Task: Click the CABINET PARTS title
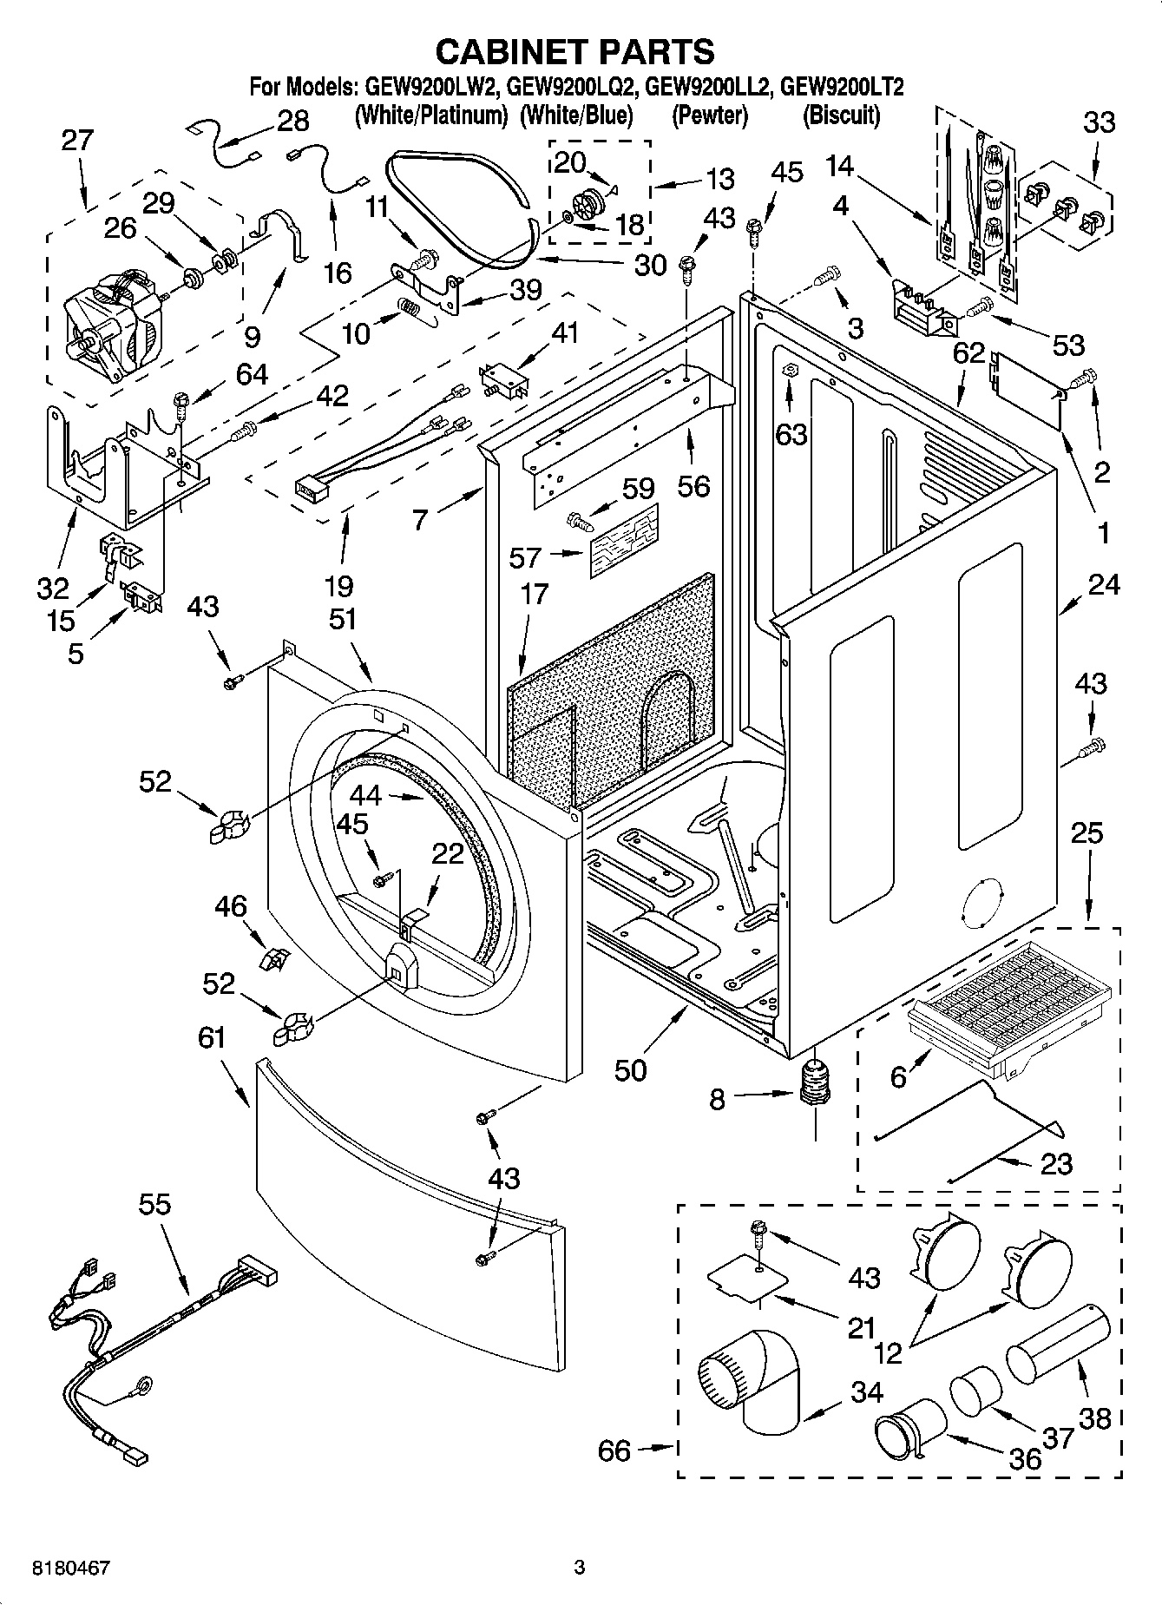pyautogui.click(x=574, y=51)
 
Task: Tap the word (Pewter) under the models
pyautogui.click(x=709, y=115)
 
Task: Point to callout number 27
pyautogui.click(x=76, y=141)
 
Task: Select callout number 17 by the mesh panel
pyautogui.click(x=535, y=594)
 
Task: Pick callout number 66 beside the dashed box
pyautogui.click(x=614, y=1450)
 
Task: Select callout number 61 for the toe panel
pyautogui.click(x=211, y=1038)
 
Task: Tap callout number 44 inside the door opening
pyautogui.click(x=366, y=794)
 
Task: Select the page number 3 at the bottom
pyautogui.click(x=580, y=1568)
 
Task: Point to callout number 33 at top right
pyautogui.click(x=1100, y=122)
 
